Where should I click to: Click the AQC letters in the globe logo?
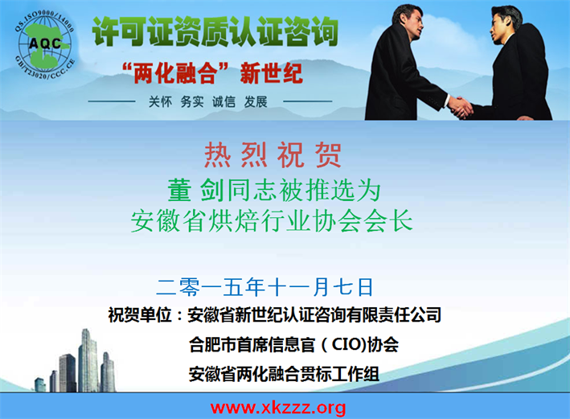click(x=45, y=43)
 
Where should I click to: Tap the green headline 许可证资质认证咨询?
click(x=215, y=32)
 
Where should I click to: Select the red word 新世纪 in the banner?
click(x=271, y=73)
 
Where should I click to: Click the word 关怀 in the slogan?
click(x=160, y=102)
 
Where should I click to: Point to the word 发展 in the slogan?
click(x=256, y=102)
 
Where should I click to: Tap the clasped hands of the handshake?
click(x=460, y=107)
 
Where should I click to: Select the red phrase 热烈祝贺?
click(x=273, y=155)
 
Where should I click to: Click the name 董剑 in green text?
click(x=195, y=190)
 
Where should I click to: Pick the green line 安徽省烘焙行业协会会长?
click(x=272, y=220)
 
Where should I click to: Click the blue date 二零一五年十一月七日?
click(x=264, y=287)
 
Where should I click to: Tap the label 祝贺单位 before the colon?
click(x=140, y=314)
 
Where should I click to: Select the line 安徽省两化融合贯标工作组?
click(x=284, y=373)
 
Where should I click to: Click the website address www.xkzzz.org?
click(x=278, y=408)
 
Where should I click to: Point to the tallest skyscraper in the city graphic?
click(x=88, y=360)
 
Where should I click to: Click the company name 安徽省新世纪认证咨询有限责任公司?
click(x=314, y=314)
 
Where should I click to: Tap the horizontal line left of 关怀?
click(x=112, y=101)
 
